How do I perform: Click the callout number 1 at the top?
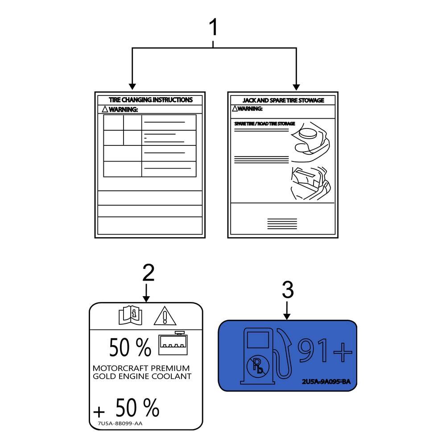(214, 28)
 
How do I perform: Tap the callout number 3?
(288, 290)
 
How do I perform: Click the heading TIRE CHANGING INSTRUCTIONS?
(151, 100)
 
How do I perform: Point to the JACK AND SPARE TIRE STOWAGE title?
(283, 100)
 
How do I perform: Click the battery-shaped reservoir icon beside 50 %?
(174, 344)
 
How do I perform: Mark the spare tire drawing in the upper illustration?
(309, 133)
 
